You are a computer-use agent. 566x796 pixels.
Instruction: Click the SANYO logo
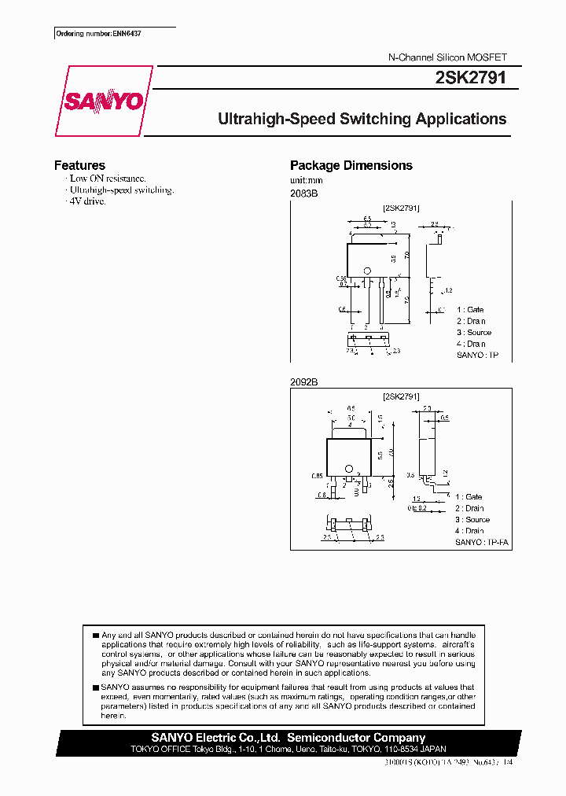pyautogui.click(x=103, y=101)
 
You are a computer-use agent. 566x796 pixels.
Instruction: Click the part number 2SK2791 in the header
pyautogui.click(x=470, y=78)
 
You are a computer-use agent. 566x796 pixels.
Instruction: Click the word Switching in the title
pyautogui.click(x=369, y=120)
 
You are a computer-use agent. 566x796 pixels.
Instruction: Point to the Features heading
pyautogui.click(x=79, y=165)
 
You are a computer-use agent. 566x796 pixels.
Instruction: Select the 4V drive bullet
pyautogui.click(x=87, y=201)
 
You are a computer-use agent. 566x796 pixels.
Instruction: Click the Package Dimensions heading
pyautogui.click(x=351, y=165)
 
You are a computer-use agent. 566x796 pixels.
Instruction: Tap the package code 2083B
pyautogui.click(x=303, y=193)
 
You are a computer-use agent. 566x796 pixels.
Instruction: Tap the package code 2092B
pyautogui.click(x=303, y=381)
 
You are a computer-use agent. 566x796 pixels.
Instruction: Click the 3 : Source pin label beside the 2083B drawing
pyautogui.click(x=473, y=333)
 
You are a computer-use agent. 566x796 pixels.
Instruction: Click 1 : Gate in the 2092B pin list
pyautogui.click(x=469, y=497)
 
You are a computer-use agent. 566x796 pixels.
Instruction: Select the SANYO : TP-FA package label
pyautogui.click(x=483, y=543)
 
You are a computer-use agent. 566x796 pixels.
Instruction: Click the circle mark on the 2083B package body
pyautogui.click(x=366, y=272)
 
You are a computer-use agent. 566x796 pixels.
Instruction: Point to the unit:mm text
pyautogui.click(x=307, y=180)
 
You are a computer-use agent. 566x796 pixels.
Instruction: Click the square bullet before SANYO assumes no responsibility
pyautogui.click(x=95, y=687)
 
